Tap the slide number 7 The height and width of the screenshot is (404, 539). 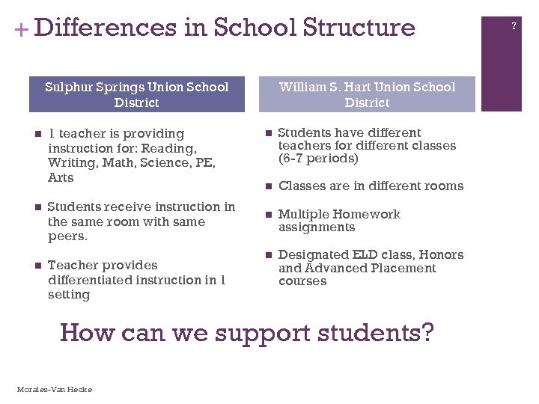click(x=514, y=27)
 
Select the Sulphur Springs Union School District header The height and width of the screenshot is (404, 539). click(x=136, y=94)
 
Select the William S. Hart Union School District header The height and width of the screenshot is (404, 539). click(x=367, y=94)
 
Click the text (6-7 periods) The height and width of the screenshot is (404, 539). click(x=318, y=159)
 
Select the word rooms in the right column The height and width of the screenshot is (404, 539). click(x=444, y=186)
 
